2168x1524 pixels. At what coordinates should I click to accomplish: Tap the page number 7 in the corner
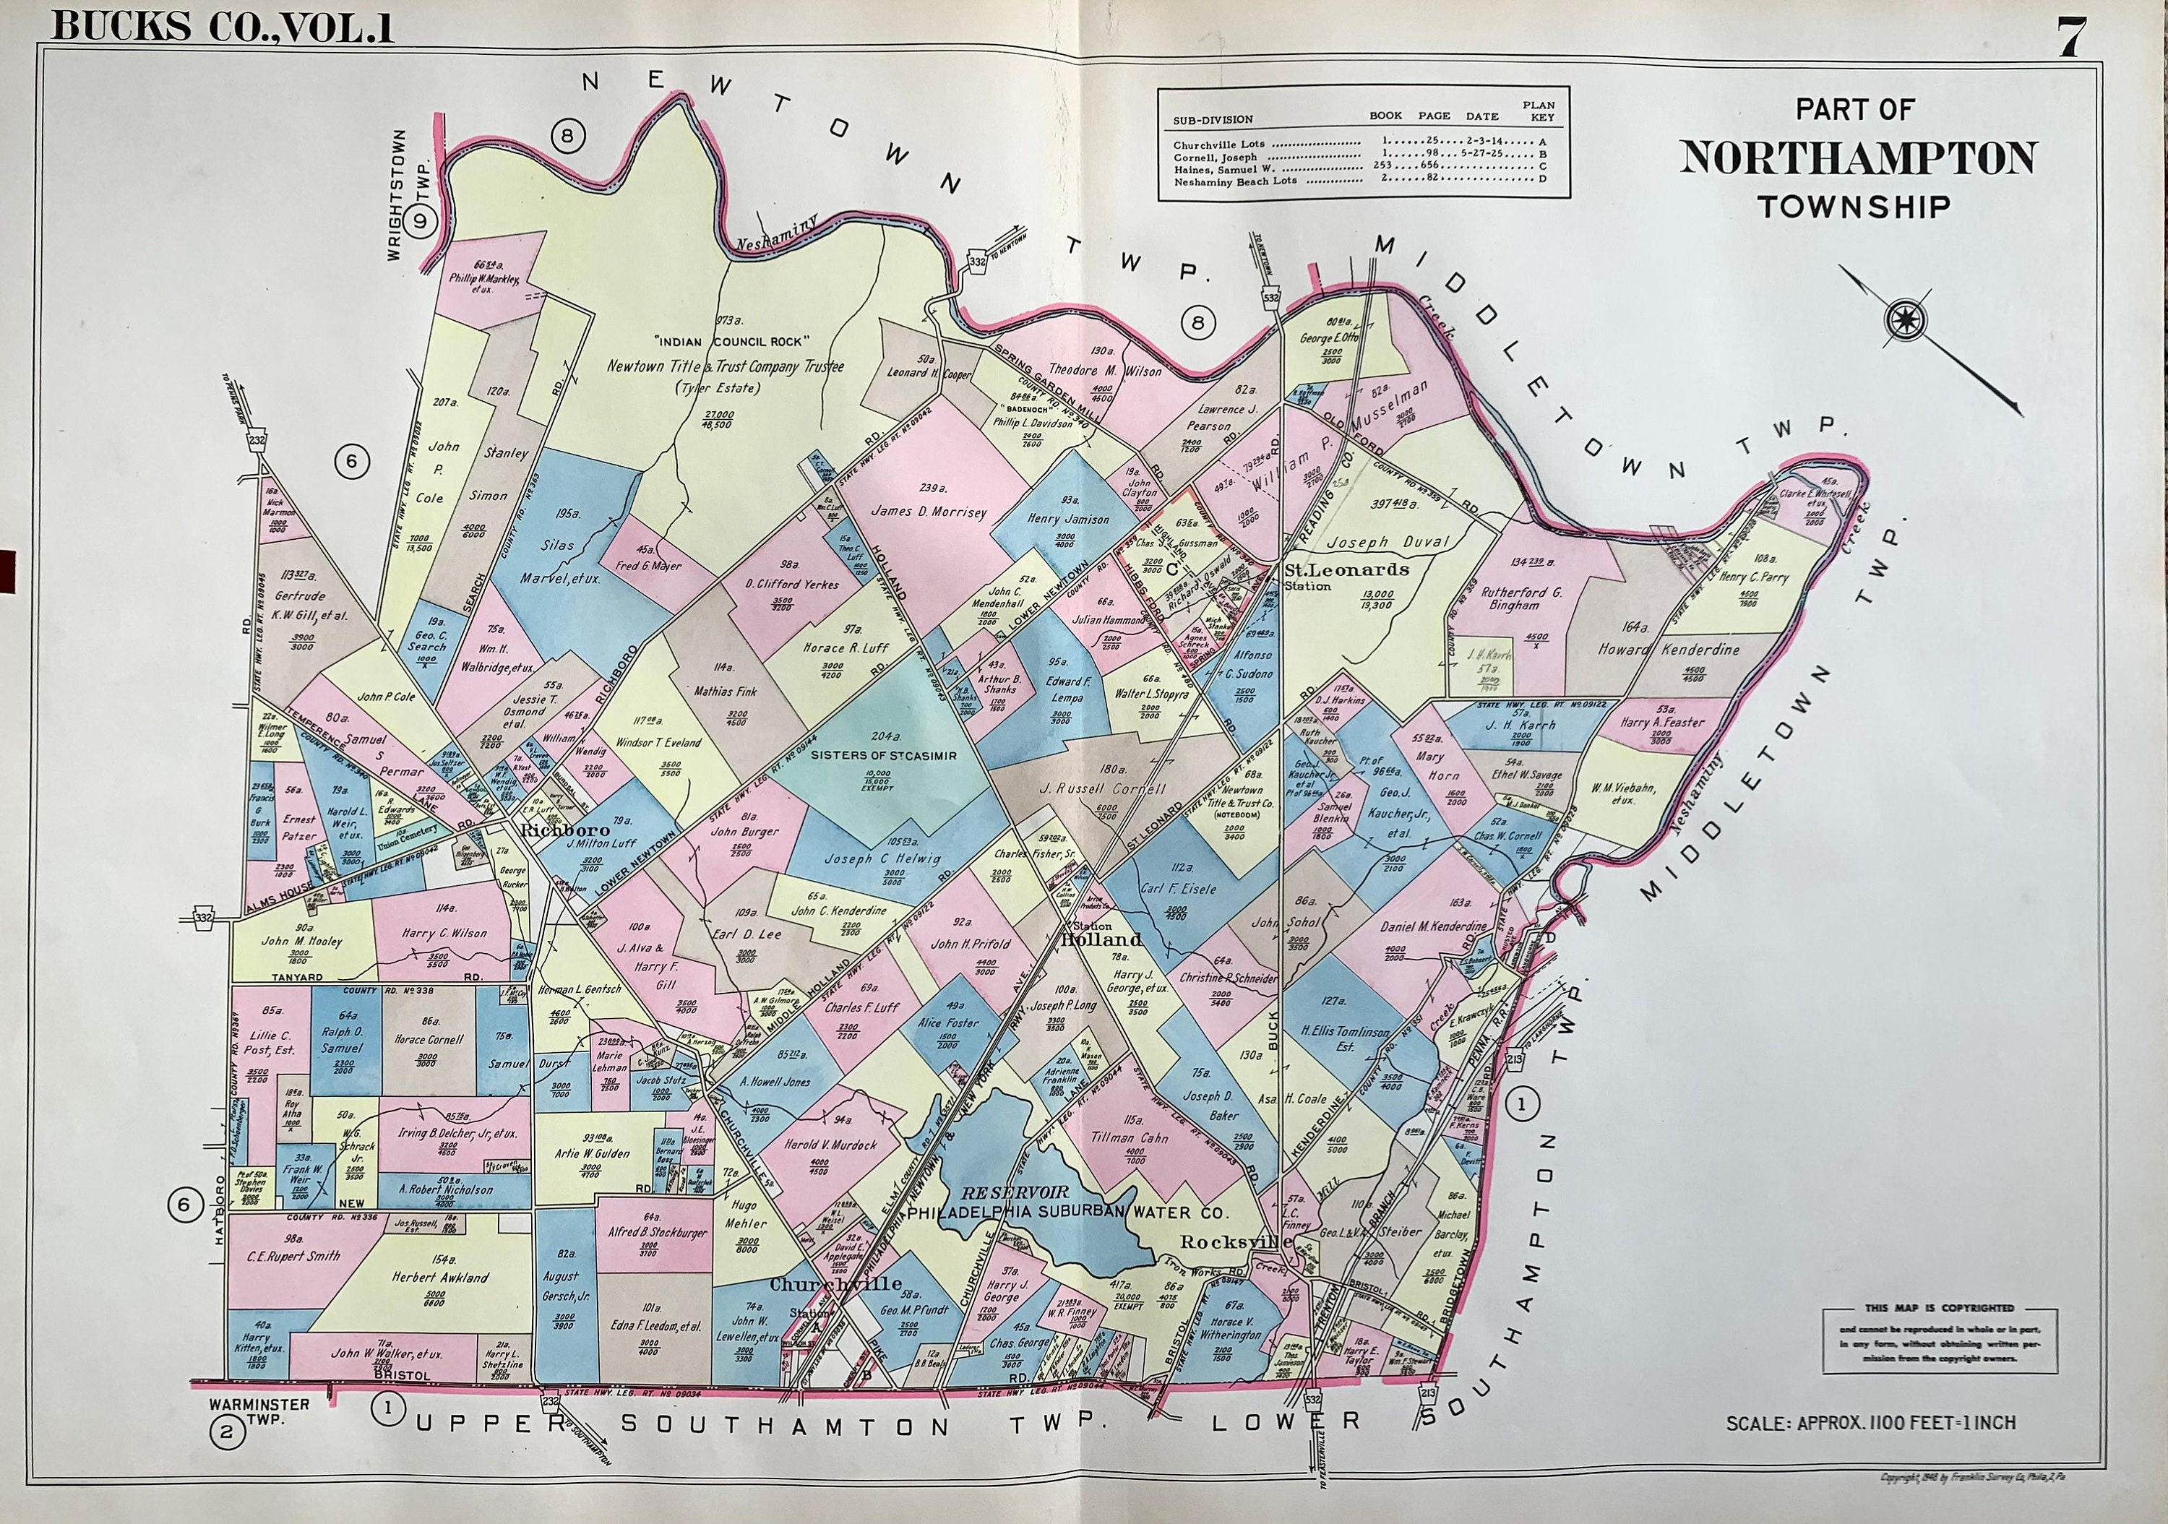(x=2068, y=40)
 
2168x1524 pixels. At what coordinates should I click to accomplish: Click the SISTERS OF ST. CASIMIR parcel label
(x=871, y=755)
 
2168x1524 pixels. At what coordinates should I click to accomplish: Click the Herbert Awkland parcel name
(x=441, y=1277)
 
